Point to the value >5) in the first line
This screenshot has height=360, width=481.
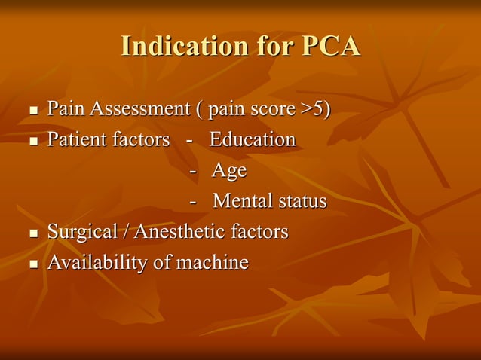coord(315,109)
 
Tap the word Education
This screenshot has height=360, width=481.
coord(253,139)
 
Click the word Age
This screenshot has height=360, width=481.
coord(229,171)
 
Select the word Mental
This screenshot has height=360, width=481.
coord(243,202)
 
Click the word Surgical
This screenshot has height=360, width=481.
coord(79,232)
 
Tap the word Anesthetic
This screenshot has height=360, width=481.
coord(179,232)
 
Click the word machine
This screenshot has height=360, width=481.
coord(212,263)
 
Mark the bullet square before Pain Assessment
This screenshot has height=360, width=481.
coord(32,111)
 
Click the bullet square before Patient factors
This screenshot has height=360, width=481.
coord(32,142)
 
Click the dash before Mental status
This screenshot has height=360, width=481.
coord(195,203)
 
